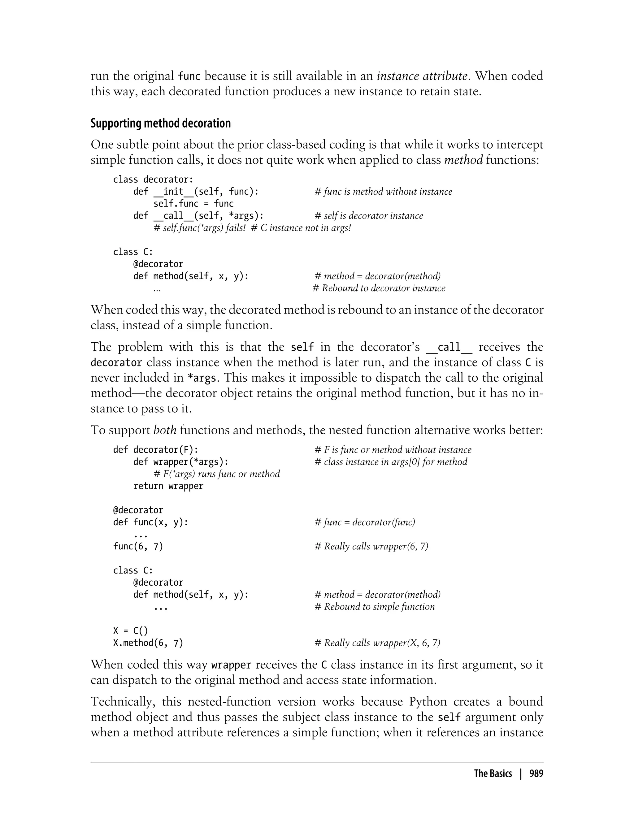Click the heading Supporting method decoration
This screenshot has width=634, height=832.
(160, 123)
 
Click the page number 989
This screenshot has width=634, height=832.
(536, 773)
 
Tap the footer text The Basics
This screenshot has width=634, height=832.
(493, 773)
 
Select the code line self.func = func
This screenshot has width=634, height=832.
(193, 204)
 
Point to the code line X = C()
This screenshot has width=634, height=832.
(131, 631)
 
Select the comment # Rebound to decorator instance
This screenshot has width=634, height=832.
(379, 288)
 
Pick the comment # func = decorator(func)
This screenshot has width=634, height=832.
(365, 522)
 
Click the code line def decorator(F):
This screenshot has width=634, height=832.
(155, 450)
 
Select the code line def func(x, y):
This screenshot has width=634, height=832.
(150, 522)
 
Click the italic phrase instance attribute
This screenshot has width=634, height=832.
(422, 76)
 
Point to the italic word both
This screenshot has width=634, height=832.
(165, 430)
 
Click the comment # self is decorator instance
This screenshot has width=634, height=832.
(369, 216)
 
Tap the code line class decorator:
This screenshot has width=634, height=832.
(153, 179)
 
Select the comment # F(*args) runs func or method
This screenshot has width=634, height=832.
(217, 474)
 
